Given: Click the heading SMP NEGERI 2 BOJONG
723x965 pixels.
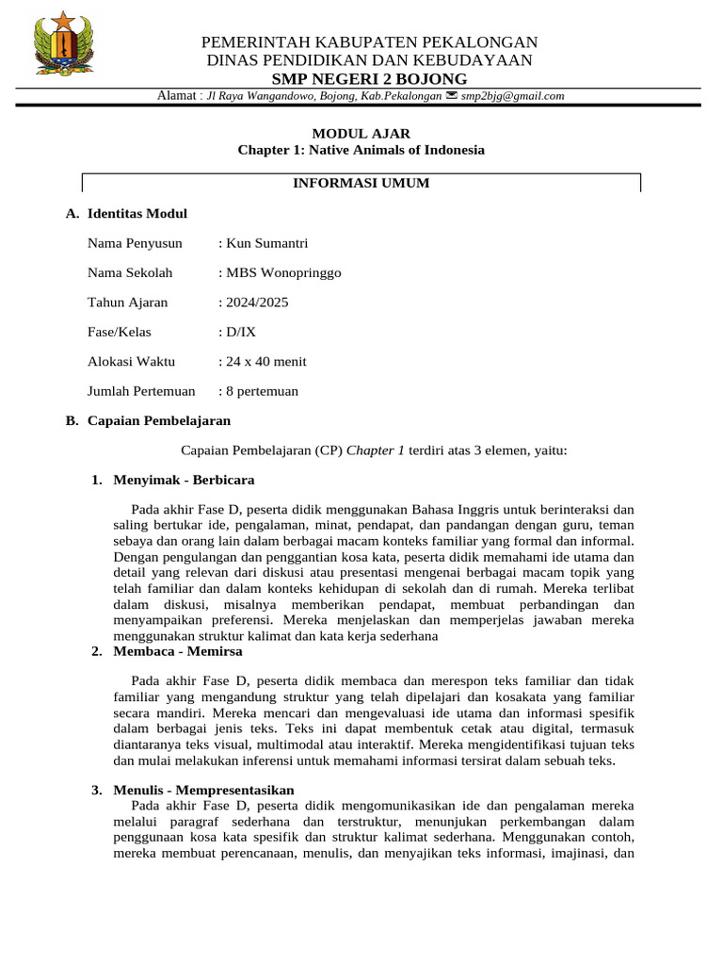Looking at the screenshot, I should (370, 78).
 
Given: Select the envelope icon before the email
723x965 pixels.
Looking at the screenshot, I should (452, 96).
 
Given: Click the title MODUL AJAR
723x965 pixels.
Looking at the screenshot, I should (361, 134).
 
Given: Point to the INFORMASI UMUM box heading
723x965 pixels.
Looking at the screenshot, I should (361, 183).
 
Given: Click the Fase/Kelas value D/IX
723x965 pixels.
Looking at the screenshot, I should (239, 332).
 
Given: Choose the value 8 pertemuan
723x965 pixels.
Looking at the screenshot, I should (261, 391).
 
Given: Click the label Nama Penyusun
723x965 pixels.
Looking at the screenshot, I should (136, 243).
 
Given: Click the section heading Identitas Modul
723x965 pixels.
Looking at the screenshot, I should (137, 214).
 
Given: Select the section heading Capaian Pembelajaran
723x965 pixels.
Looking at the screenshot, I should (159, 420).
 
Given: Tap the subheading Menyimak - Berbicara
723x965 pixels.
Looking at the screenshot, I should (184, 480).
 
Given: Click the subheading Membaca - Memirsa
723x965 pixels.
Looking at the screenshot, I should (178, 651).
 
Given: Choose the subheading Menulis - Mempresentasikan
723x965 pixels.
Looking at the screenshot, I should (204, 790).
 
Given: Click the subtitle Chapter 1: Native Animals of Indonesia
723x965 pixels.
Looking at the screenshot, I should (361, 150).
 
